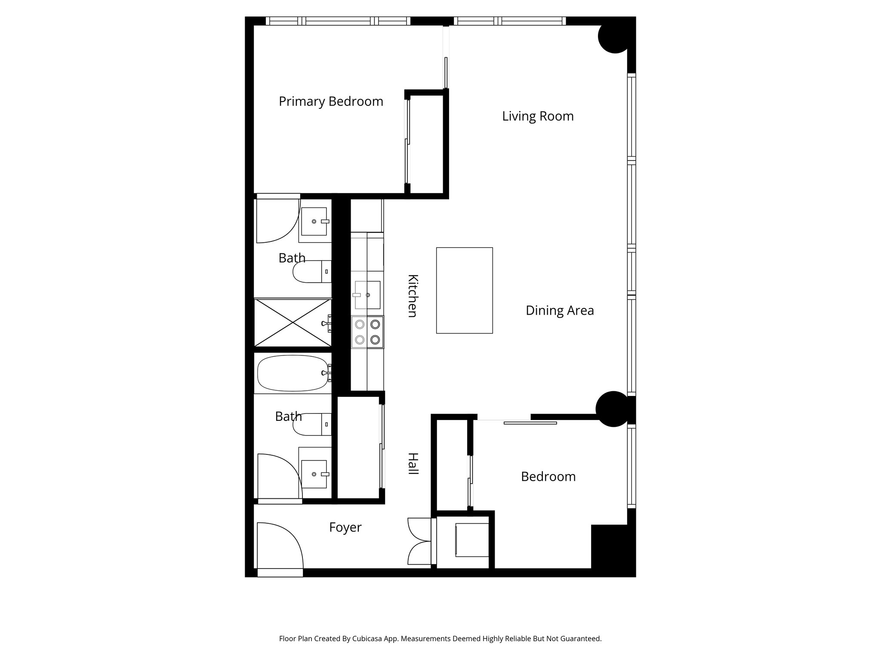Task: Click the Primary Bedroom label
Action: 330,102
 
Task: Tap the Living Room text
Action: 538,116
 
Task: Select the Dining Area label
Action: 559,310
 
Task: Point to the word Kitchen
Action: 412,296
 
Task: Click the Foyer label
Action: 345,527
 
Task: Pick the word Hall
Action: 412,464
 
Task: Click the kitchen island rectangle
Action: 464,290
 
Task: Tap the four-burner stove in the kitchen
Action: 367,332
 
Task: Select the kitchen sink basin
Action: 367,295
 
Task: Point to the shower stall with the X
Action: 293,323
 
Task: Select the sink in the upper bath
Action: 314,221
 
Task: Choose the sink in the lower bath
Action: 314,474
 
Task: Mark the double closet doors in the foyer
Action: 418,541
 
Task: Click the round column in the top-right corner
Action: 614,37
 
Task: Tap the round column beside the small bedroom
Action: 613,409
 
